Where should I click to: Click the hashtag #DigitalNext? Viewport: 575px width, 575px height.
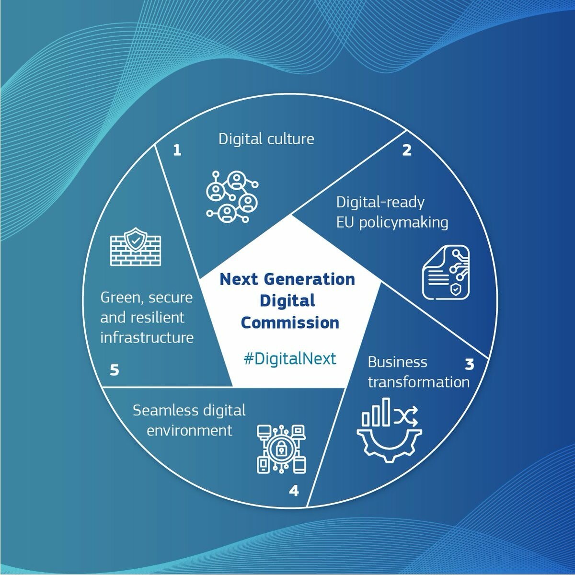coord(290,358)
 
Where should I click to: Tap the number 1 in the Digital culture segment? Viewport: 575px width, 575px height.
coord(177,150)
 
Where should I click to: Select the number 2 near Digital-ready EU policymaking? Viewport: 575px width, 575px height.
coord(407,150)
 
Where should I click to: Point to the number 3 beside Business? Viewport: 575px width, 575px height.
coord(470,364)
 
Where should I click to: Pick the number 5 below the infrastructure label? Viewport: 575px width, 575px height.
coord(115,370)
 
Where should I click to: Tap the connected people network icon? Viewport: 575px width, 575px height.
coord(232,197)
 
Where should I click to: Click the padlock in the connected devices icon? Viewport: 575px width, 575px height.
coord(281,448)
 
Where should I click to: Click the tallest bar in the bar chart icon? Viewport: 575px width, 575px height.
coord(386,412)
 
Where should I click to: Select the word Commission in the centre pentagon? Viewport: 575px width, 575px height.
coord(290,322)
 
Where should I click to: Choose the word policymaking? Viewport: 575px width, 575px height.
coord(403,223)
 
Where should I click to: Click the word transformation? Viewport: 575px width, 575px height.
coord(419,382)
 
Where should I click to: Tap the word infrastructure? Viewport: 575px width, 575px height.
coord(147,337)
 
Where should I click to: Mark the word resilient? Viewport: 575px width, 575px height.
coord(161,317)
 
